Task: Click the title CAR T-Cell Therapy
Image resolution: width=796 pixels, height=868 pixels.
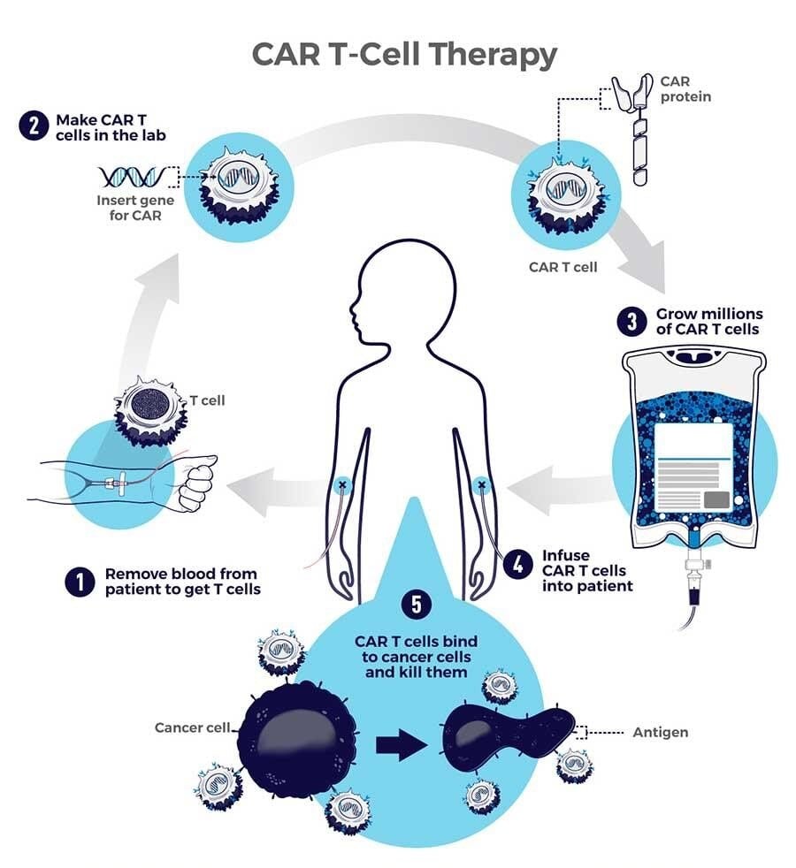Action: (404, 54)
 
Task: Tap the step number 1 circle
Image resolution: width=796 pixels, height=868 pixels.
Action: (80, 582)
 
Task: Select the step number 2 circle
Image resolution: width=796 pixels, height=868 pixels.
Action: (32, 126)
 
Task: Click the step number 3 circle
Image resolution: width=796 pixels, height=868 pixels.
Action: (631, 322)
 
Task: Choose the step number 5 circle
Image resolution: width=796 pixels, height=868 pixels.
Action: (416, 605)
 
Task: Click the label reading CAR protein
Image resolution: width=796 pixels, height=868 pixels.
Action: (685, 88)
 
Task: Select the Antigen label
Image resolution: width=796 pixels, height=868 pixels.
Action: (660, 733)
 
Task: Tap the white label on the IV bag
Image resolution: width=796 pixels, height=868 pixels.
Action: (695, 468)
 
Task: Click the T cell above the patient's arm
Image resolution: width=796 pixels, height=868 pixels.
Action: (150, 409)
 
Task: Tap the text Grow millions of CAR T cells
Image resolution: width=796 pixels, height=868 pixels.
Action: (708, 322)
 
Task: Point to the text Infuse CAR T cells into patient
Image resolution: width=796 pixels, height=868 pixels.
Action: (587, 571)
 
